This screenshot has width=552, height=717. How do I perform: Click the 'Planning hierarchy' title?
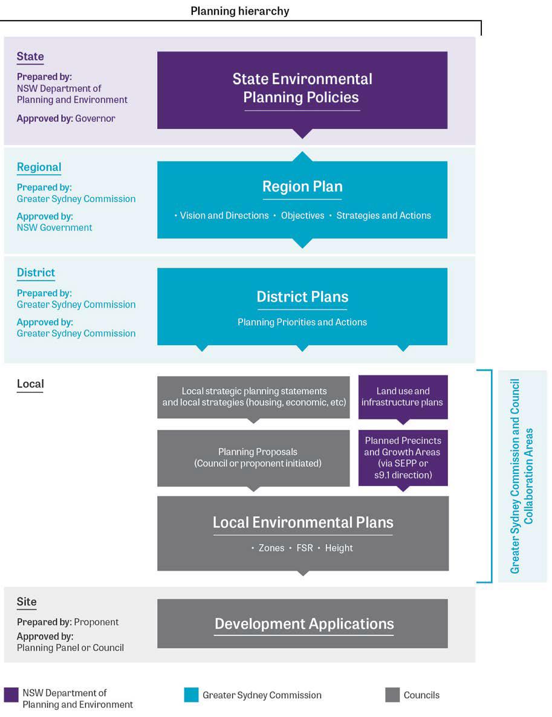coord(239,11)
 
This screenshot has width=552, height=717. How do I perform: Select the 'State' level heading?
coord(30,56)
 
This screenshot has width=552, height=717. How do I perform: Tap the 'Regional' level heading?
coord(39,167)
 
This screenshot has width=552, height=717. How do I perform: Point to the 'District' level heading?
coord(36,273)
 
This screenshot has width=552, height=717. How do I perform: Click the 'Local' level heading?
coord(30,384)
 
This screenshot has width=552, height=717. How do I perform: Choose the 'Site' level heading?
coord(27,602)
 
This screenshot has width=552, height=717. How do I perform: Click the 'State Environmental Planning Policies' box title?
coord(302,88)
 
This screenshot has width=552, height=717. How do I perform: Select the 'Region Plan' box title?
coord(302,187)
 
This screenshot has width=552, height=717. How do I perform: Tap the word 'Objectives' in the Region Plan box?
coord(302,215)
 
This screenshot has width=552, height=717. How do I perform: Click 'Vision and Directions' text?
coord(224,215)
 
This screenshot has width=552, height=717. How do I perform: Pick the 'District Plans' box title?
coord(302,297)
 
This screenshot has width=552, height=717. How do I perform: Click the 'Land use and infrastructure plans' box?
coord(403,397)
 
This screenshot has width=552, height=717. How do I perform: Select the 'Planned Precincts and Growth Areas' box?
coord(403,458)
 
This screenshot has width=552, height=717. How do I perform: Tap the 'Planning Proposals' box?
coord(253,458)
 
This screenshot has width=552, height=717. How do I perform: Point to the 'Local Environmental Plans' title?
coord(303,522)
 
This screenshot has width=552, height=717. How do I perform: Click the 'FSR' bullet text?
coord(305,548)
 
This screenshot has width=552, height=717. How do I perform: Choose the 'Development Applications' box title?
coord(304,624)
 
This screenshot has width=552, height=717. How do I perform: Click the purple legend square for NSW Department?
coord(11,695)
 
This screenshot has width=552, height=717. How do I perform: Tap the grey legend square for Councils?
coord(392,695)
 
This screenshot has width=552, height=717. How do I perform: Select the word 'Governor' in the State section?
coord(95,118)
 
